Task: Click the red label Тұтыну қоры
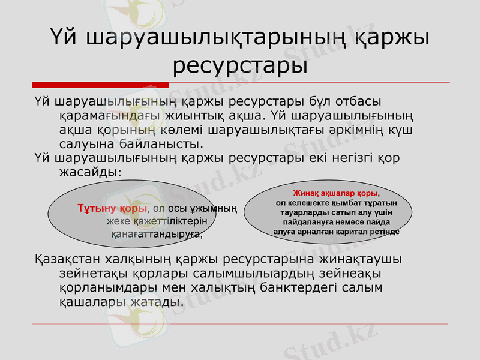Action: coord(112,209)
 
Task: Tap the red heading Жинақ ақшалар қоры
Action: coord(335,194)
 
